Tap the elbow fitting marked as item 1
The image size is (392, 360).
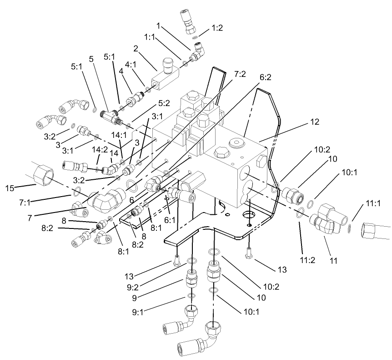point(197,53)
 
